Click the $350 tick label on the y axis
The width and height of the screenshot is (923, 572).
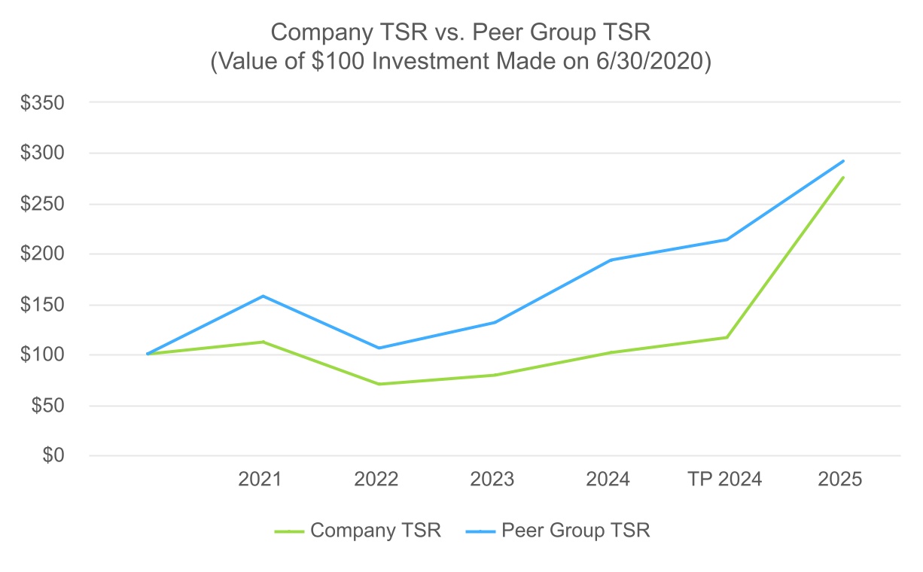(42, 102)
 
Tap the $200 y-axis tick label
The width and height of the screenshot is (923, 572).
(42, 254)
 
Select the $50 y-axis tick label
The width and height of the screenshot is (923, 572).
(48, 406)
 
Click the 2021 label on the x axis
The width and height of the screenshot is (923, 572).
(260, 479)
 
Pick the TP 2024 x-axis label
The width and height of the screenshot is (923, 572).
(725, 479)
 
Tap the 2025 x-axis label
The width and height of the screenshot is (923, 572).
(840, 479)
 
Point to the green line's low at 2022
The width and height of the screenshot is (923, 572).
(379, 384)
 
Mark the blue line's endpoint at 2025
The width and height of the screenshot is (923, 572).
(843, 160)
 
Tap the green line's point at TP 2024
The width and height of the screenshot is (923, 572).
(727, 337)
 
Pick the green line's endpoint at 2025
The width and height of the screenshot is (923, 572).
(843, 178)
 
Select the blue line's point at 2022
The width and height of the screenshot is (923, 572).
(379, 348)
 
